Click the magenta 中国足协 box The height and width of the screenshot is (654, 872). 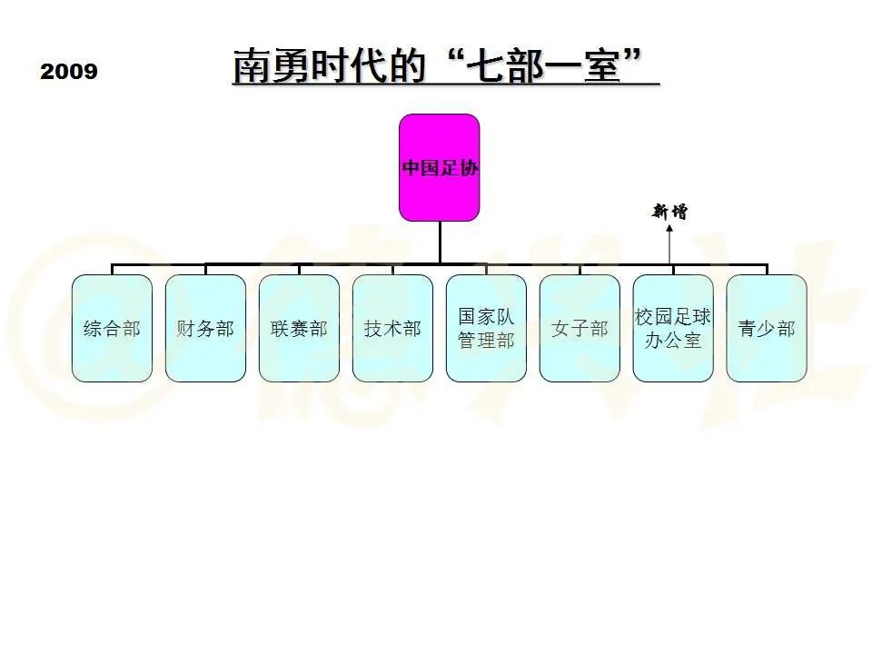pyautogui.click(x=440, y=167)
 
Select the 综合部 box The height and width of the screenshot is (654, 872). pyautogui.click(x=112, y=328)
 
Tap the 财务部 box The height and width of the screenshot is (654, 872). pyautogui.click(x=205, y=328)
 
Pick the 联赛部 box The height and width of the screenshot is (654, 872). pyautogui.click(x=299, y=328)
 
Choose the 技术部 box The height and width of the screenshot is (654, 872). pyautogui.click(x=392, y=328)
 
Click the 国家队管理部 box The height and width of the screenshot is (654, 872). pyautogui.click(x=486, y=328)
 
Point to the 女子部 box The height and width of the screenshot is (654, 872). pyautogui.click(x=580, y=328)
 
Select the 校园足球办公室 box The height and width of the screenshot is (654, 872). pyautogui.click(x=673, y=328)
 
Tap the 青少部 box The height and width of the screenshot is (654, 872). pyautogui.click(x=767, y=328)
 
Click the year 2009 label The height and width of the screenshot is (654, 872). pyautogui.click(x=69, y=71)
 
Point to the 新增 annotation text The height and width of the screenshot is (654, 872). pyautogui.click(x=669, y=212)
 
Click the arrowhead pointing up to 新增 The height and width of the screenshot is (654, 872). pyautogui.click(x=669, y=228)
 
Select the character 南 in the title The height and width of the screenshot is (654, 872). pyautogui.click(x=252, y=65)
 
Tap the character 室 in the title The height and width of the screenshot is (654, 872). pyautogui.click(x=602, y=65)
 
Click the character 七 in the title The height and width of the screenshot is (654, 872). pyautogui.click(x=485, y=65)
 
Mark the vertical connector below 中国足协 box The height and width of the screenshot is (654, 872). pyautogui.click(x=440, y=243)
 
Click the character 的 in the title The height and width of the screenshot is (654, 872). pyautogui.click(x=407, y=65)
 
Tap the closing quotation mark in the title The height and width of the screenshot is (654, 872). pyautogui.click(x=633, y=56)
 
